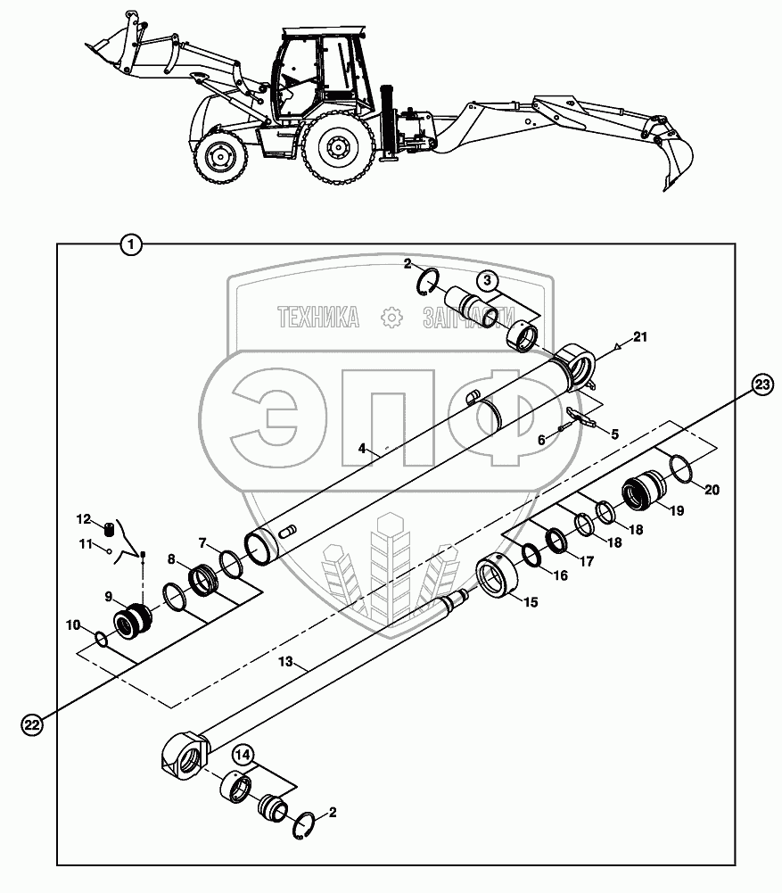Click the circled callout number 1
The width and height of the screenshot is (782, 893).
coord(131,244)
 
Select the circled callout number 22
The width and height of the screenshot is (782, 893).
coord(31,726)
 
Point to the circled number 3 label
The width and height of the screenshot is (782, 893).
coord(485,279)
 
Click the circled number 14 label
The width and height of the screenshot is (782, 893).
coord(243,755)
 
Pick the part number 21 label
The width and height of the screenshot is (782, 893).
coord(640,336)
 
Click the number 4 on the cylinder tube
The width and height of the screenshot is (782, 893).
coord(363,449)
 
